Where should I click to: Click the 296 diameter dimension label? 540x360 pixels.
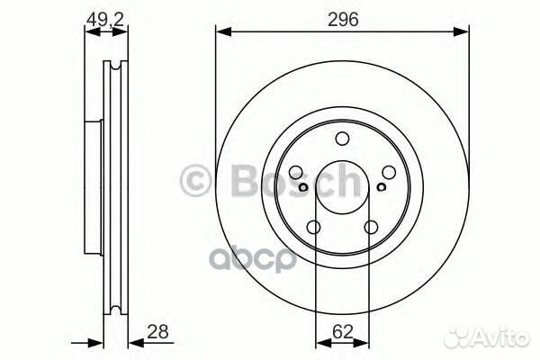(341, 20)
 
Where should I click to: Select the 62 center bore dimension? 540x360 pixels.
(343, 331)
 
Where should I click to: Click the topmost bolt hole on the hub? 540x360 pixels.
(342, 139)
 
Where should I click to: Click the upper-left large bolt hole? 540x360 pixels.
(297, 172)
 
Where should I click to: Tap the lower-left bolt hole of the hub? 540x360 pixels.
(314, 227)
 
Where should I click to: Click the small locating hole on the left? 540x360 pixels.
(304, 187)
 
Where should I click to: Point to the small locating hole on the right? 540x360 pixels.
(381, 187)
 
